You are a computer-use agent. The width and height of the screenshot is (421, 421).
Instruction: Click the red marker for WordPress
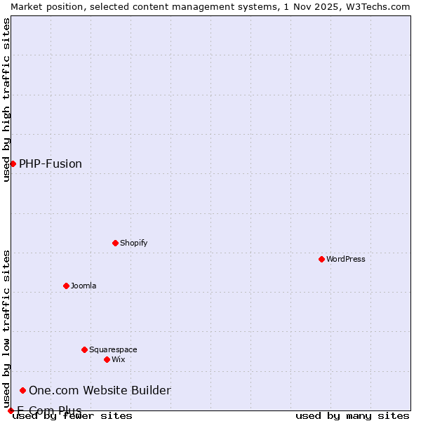point(321,259)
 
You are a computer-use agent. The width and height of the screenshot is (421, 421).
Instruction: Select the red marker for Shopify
point(115,243)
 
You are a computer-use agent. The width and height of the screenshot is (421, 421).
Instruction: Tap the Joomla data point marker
point(66,286)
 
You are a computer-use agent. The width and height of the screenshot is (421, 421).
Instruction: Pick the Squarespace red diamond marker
point(84,349)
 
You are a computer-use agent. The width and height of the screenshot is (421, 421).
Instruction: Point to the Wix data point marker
point(107,359)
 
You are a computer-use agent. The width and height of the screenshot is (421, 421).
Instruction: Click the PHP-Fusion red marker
point(13,163)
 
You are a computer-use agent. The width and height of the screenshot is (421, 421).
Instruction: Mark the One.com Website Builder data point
point(22,390)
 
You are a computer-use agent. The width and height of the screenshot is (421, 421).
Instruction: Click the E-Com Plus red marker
point(11,410)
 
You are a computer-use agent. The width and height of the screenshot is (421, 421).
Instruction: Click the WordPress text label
point(346,259)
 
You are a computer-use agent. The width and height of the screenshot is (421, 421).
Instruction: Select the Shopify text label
point(133,243)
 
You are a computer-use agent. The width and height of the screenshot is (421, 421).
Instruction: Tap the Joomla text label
point(83,286)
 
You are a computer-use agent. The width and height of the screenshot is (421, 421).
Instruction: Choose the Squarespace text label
point(113,349)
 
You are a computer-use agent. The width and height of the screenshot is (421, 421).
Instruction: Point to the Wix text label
point(118,359)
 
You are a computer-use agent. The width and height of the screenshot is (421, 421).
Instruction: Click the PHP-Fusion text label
point(51,163)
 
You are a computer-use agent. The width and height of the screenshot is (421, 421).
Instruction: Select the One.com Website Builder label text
point(100,390)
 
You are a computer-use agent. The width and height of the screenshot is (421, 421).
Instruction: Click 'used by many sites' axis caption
point(352,416)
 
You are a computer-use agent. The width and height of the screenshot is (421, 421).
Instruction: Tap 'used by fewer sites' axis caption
point(72,416)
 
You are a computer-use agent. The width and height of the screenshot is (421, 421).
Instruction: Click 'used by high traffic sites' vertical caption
point(6,100)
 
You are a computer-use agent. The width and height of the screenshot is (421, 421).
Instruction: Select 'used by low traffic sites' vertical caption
point(6,330)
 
